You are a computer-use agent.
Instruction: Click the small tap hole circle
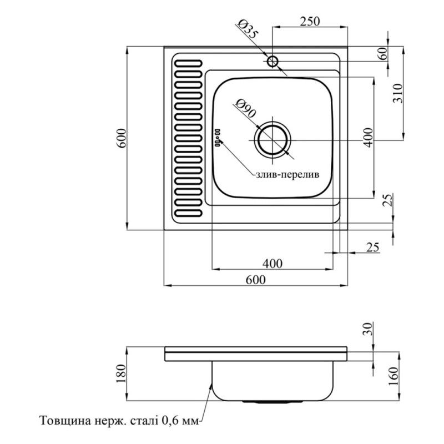[272, 60]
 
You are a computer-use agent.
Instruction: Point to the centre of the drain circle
[272, 138]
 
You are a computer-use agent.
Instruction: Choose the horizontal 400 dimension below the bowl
[273, 263]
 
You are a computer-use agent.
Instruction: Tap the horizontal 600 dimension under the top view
[255, 280]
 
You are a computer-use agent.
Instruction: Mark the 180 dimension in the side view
[122, 375]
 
